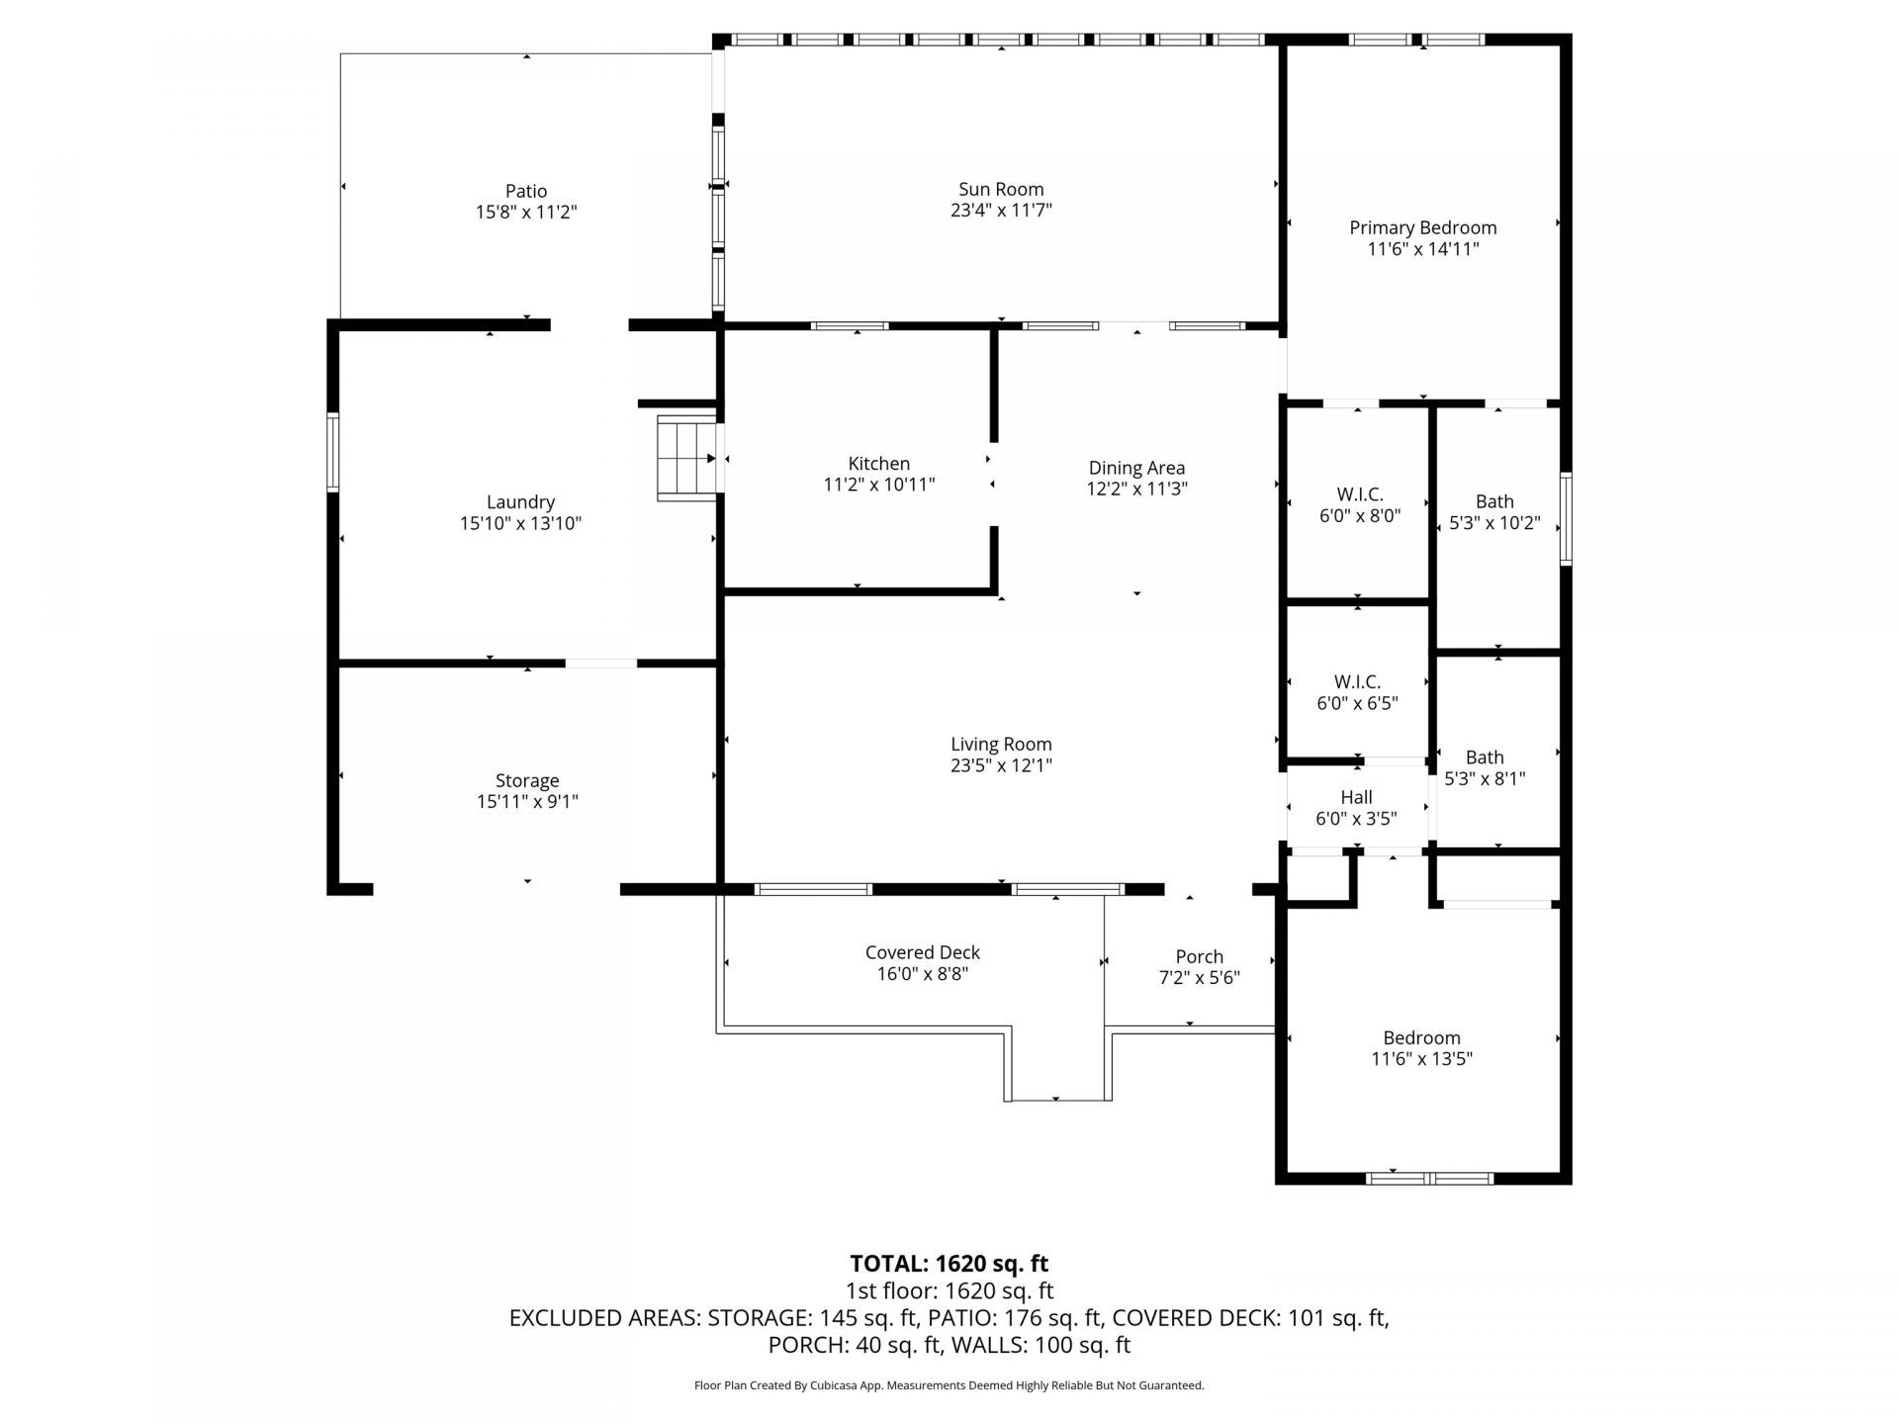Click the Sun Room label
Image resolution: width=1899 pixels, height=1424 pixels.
[x=1000, y=189]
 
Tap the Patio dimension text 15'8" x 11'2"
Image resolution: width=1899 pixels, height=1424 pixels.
[x=525, y=212]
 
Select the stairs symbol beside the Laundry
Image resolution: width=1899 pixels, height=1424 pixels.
[x=686, y=458]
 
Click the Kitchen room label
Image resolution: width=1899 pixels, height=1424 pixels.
[x=878, y=463]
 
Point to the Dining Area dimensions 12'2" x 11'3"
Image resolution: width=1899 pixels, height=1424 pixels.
[x=1136, y=489]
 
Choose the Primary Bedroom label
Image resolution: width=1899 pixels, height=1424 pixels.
[x=1422, y=227]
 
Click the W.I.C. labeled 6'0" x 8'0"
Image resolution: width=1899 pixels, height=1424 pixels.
[x=1359, y=504]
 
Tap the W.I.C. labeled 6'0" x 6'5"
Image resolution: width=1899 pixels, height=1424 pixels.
[x=1357, y=692]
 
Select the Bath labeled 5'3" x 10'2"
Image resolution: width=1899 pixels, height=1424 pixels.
[x=1493, y=511]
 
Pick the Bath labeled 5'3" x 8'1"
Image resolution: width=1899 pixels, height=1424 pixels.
[x=1484, y=767]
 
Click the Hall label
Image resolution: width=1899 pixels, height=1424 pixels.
[x=1356, y=797]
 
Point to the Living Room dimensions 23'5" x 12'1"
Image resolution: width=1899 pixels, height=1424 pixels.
[x=1001, y=765]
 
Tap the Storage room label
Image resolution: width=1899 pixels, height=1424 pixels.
[x=526, y=780]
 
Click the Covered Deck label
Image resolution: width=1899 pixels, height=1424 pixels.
[x=922, y=952]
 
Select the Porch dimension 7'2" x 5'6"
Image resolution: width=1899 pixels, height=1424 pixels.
[x=1199, y=978]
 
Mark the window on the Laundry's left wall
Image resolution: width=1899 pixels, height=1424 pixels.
[x=333, y=452]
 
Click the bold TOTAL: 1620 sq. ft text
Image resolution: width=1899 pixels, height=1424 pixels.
[x=949, y=1263]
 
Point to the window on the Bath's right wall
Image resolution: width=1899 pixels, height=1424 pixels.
[x=1566, y=519]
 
